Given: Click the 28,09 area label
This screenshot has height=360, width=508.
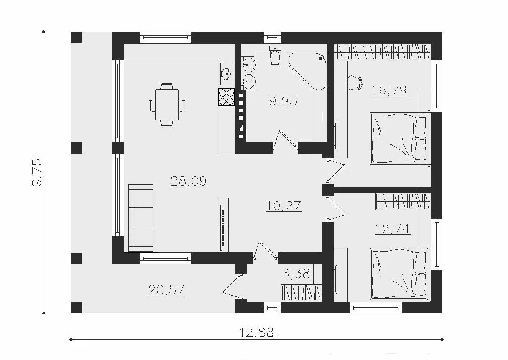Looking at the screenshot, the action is [188, 181].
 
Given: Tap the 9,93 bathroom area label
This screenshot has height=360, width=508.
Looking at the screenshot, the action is [283, 101].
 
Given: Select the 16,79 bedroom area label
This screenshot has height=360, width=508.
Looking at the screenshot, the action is [389, 90].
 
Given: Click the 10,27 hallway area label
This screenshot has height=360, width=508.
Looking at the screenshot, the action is [284, 206].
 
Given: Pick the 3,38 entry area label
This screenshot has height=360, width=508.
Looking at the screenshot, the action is [296, 274].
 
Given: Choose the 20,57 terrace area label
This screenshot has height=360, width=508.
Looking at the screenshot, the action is [166, 290].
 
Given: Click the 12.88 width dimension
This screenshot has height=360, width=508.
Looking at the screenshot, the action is [257, 332].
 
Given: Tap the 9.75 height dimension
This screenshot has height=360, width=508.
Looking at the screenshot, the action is [37, 172].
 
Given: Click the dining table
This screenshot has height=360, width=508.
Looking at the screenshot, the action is [167, 105].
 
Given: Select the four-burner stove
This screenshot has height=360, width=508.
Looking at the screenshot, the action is [226, 97].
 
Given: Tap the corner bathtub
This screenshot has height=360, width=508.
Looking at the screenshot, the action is [307, 71].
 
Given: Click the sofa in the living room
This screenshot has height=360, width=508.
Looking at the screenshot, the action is [141, 218].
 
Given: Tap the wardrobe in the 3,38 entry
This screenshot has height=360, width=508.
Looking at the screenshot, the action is [301, 293].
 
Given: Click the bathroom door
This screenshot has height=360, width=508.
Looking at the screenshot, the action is [285, 139].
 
